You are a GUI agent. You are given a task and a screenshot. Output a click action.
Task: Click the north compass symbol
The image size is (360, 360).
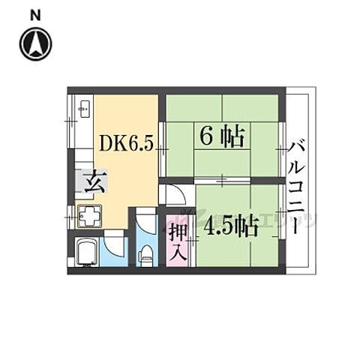[37, 43]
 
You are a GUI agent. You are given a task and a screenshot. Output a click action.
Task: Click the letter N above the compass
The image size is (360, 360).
[37, 13]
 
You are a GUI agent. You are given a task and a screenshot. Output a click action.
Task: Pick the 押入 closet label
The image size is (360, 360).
[177, 241]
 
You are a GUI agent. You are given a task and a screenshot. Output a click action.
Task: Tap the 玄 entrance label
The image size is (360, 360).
[93, 182]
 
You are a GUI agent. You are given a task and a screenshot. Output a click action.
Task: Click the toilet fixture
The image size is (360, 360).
[146, 253]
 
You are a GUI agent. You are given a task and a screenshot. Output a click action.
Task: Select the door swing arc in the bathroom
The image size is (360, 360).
[112, 241]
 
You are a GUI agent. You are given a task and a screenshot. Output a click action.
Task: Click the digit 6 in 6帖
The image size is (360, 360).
[206, 137]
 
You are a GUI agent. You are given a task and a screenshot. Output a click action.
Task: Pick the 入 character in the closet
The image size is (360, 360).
[177, 253]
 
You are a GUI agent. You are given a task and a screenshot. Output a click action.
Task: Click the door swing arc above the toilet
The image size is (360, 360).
[145, 222]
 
